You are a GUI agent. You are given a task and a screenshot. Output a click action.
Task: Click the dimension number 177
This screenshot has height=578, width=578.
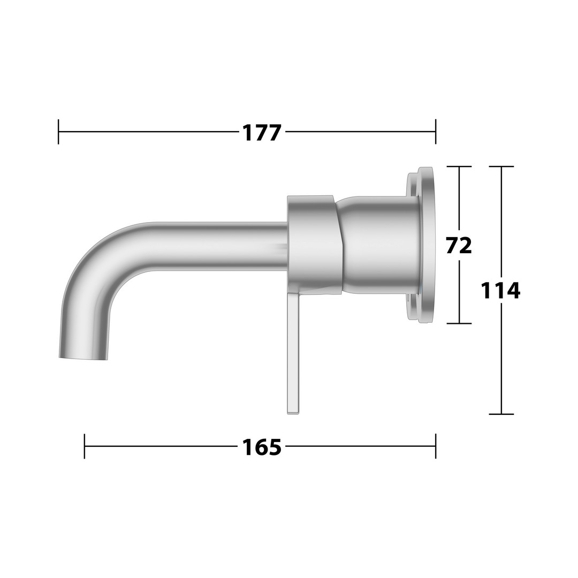262,133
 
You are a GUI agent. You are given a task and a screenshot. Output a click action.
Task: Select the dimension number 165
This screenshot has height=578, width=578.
262,447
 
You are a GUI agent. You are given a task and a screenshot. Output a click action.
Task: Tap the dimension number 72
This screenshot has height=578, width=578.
459,246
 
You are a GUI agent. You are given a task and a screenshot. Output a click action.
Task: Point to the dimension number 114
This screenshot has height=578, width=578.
500,291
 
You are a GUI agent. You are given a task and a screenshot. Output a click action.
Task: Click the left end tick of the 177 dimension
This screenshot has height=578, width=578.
58,132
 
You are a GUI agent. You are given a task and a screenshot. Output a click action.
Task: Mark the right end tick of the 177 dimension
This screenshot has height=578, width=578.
436,132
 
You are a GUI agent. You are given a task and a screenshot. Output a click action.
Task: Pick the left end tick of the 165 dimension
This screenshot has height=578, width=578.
85,446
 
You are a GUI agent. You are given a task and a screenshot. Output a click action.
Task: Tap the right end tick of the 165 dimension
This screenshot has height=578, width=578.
436,446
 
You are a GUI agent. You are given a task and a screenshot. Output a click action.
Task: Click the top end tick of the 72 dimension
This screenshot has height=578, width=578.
459,166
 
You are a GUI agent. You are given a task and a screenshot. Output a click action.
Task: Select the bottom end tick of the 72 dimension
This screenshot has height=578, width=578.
459,323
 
